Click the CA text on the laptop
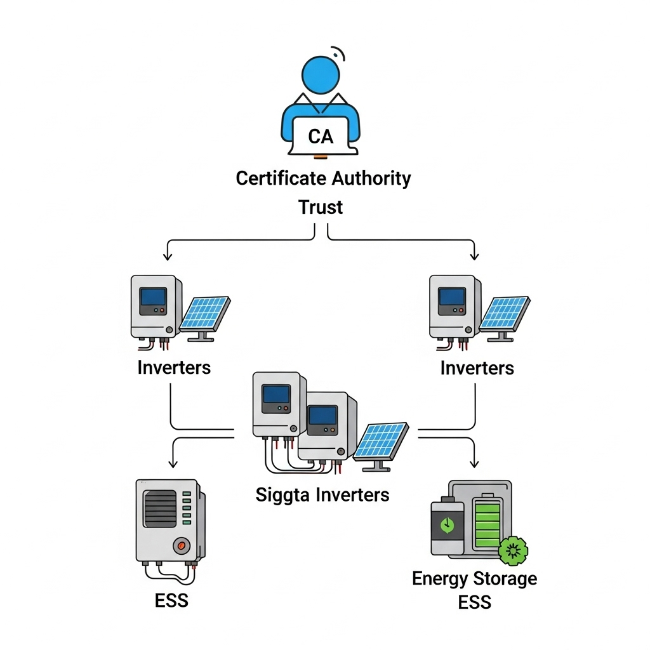[320, 136]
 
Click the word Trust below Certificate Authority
[321, 207]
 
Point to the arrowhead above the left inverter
[168, 256]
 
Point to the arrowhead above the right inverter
[474, 256]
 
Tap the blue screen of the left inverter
[153, 297]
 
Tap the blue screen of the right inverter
[452, 297]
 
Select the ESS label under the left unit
[171, 599]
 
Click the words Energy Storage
[474, 578]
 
